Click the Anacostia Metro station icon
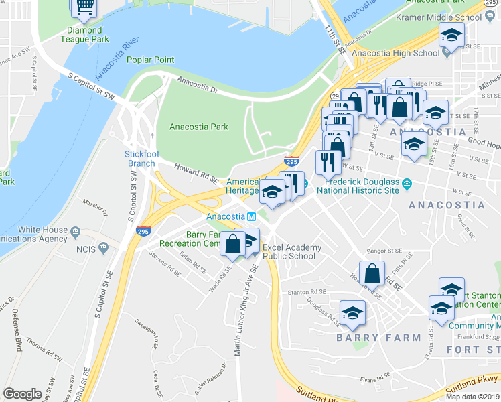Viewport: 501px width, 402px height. pos(251,216)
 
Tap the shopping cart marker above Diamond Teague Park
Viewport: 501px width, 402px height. pos(84,7)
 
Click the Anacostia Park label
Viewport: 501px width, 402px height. pos(198,127)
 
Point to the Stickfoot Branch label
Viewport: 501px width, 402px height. pos(140,159)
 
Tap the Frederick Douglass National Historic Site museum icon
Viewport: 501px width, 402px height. pos(407,182)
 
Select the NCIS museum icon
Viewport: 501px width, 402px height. pos(103,248)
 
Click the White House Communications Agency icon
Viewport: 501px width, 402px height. pos(75,231)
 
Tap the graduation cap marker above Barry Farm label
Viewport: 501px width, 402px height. pos(352,312)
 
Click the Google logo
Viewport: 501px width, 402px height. pos(22,394)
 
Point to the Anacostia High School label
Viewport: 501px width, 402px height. pos(395,53)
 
